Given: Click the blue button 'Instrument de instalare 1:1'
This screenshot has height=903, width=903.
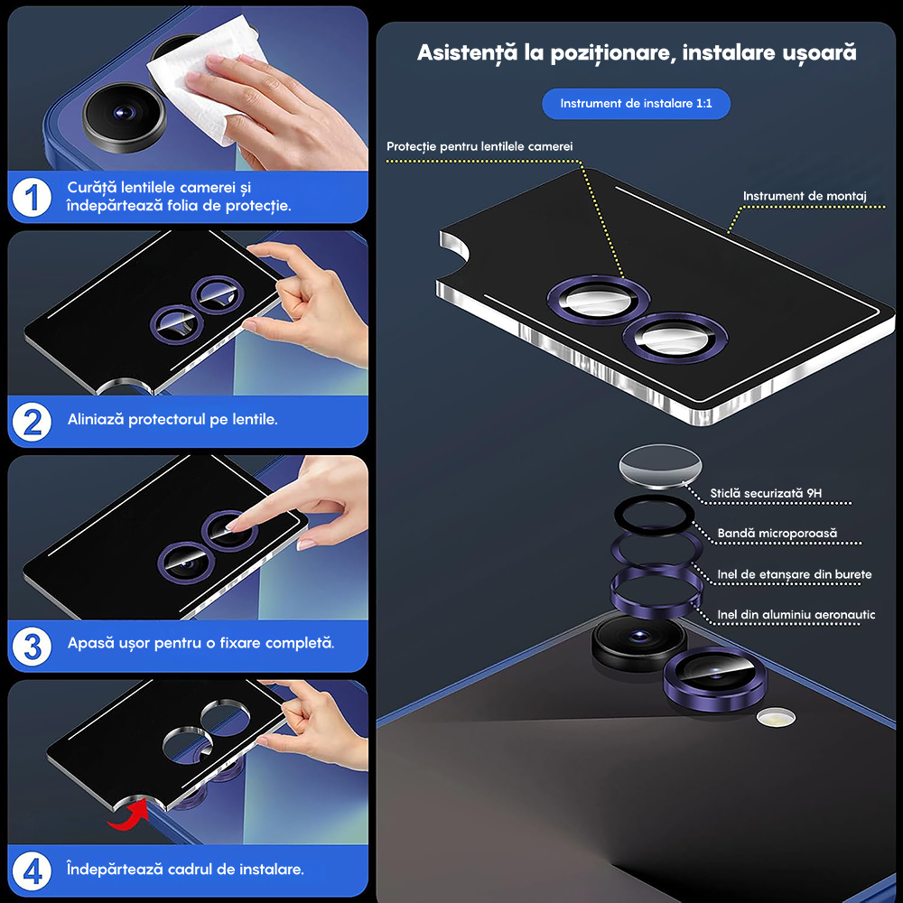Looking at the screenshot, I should point(636,104).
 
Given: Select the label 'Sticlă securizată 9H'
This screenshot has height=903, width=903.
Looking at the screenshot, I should point(766,493).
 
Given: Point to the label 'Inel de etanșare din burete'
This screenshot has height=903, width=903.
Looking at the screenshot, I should point(794,574).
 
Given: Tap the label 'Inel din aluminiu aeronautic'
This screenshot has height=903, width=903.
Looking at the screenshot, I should point(796,615).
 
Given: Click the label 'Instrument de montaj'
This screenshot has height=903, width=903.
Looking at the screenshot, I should point(805,196).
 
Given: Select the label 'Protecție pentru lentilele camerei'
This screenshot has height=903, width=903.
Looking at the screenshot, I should point(479,146).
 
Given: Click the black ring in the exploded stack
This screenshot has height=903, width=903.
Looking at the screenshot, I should point(654,518).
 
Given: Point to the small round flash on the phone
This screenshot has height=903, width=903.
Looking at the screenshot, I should point(776,718).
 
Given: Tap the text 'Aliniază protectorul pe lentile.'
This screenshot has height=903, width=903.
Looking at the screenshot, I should point(172,420).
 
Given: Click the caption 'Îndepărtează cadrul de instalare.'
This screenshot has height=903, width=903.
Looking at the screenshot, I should point(185,870).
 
